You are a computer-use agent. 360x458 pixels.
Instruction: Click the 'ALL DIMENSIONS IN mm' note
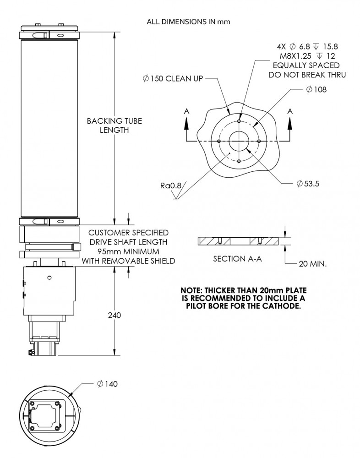click(188, 21)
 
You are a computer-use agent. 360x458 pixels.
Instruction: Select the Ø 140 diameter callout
click(107, 384)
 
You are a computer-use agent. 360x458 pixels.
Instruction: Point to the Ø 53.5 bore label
click(308, 184)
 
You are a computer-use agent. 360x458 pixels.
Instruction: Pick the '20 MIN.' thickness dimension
click(311, 264)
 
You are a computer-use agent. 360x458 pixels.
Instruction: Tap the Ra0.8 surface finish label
click(170, 186)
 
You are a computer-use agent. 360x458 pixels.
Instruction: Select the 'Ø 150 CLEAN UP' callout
click(173, 79)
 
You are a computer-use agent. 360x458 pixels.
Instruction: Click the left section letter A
click(186, 111)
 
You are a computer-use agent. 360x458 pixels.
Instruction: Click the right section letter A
click(289, 111)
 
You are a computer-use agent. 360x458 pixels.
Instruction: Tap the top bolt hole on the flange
click(240, 121)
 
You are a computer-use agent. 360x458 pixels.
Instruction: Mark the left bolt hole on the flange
click(220, 141)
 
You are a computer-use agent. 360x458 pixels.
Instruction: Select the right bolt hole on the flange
click(259, 141)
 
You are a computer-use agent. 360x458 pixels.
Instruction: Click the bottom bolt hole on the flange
click(240, 161)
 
